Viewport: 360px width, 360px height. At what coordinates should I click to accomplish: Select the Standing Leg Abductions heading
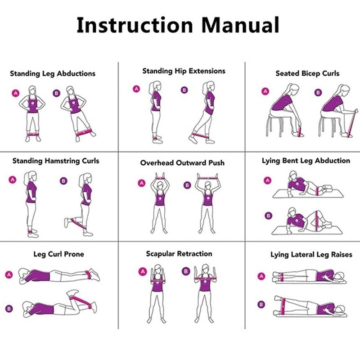(53, 73)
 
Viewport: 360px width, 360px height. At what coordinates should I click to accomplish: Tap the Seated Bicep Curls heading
(307, 73)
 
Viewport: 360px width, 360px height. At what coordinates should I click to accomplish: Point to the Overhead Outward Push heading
(182, 162)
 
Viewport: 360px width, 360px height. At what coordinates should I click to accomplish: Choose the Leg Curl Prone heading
(58, 254)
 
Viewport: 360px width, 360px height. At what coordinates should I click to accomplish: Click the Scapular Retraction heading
(179, 254)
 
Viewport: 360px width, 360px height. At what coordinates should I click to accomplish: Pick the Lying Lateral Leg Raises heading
(311, 255)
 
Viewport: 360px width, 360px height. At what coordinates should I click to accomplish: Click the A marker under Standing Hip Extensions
(136, 89)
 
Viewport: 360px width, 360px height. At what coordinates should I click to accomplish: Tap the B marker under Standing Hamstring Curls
(63, 181)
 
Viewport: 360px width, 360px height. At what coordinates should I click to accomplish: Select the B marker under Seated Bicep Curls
(318, 93)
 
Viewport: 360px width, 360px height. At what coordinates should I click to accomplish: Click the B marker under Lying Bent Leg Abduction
(268, 216)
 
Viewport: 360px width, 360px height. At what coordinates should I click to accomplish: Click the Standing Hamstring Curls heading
(56, 161)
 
